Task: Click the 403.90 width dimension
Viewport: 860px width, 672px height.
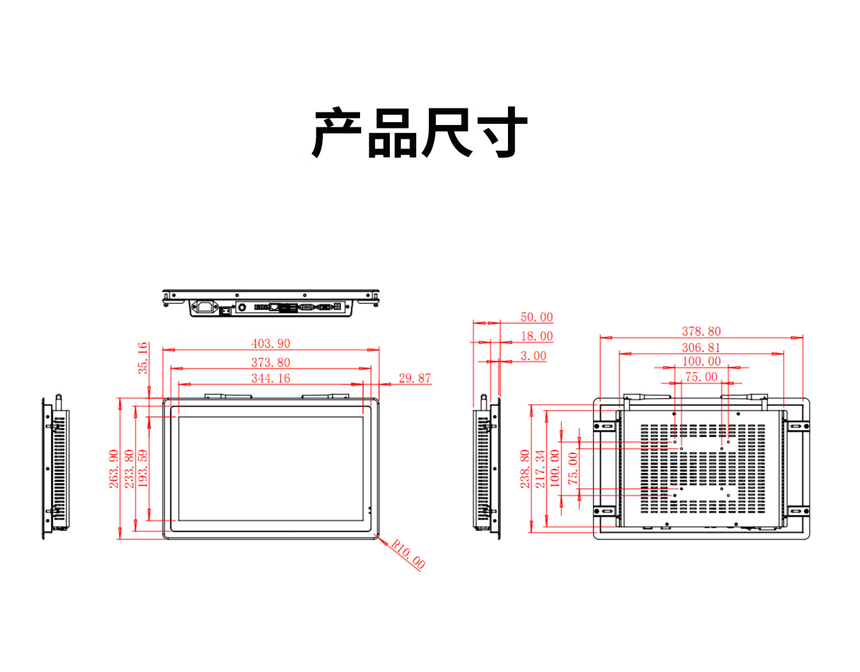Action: point(271,343)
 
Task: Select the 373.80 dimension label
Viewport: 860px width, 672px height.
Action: point(271,362)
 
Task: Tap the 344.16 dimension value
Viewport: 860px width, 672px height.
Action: point(271,378)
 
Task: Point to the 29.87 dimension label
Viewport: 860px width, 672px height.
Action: point(415,378)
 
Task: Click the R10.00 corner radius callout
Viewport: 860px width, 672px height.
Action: point(408,554)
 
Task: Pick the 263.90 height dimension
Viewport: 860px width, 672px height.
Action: point(114,468)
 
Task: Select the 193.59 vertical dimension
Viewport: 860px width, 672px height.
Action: point(143,468)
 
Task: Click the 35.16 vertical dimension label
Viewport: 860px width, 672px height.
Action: point(143,358)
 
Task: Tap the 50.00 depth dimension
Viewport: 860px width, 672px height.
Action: point(536,317)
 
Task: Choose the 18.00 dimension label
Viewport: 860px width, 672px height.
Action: point(537,336)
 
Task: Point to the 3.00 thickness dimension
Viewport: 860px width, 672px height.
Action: point(533,356)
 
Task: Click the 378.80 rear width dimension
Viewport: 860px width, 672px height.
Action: point(701,331)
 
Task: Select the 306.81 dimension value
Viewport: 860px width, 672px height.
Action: point(701,347)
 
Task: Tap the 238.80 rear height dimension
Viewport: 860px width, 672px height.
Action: point(525,468)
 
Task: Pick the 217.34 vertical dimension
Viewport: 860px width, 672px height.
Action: point(540,468)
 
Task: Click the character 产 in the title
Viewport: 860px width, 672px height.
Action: point(337,132)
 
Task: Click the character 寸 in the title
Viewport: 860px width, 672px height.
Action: point(502,132)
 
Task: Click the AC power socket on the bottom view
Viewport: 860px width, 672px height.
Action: point(205,307)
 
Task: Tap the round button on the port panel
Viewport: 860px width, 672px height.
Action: point(242,307)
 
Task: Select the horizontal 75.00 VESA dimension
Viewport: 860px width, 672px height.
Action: point(701,377)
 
